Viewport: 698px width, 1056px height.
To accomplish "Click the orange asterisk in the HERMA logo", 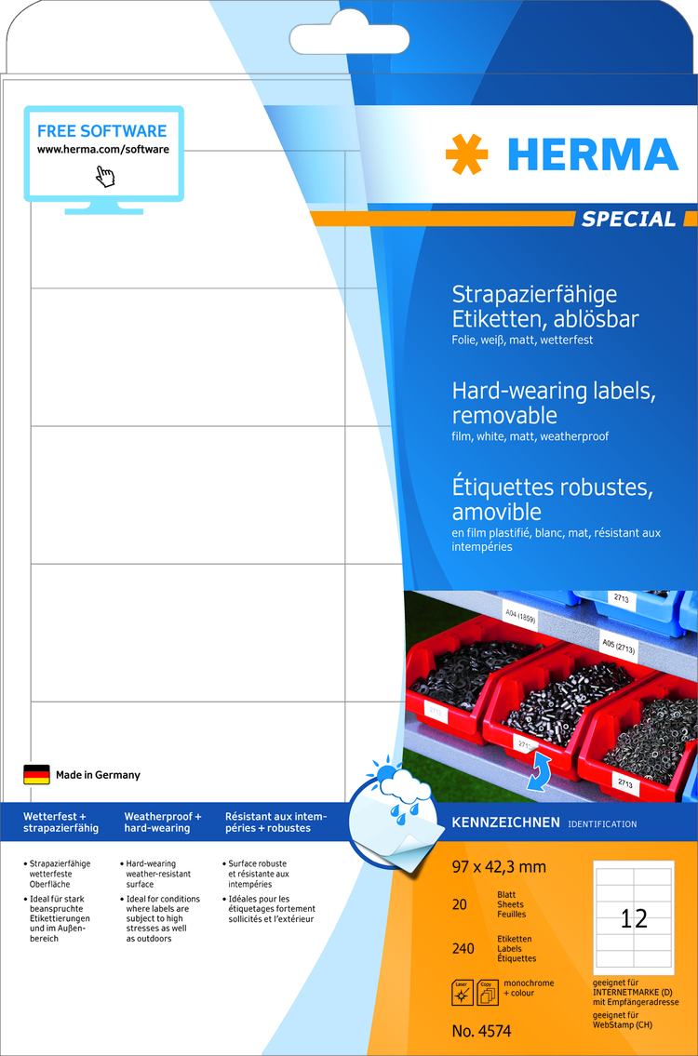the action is pyautogui.click(x=467, y=154).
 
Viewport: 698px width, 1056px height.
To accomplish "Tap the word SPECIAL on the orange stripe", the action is pyautogui.click(x=628, y=219).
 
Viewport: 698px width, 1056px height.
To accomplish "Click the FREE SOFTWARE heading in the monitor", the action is pyautogui.click(x=101, y=130).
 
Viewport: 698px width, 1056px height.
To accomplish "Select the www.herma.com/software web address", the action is pyautogui.click(x=103, y=150).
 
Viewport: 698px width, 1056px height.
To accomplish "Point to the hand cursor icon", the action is pyautogui.click(x=105, y=176).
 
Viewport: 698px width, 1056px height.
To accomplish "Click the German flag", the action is pyautogui.click(x=36, y=774).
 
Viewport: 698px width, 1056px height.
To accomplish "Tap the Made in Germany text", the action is pyautogui.click(x=98, y=775).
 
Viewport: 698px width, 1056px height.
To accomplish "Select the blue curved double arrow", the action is pyautogui.click(x=538, y=771).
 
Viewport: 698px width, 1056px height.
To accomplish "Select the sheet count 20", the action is pyautogui.click(x=459, y=904).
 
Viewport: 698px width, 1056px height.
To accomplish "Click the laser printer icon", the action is pyautogui.click(x=463, y=993).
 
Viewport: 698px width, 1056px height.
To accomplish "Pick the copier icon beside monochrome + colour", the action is pyautogui.click(x=488, y=993).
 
